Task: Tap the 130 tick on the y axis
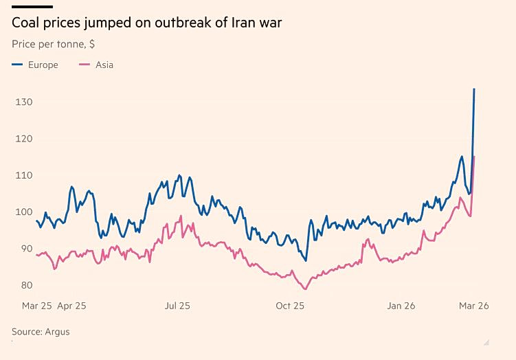pyautogui.click(x=24, y=102)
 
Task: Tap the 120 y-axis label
pyautogui.click(x=24, y=139)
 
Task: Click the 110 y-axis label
pyautogui.click(x=24, y=176)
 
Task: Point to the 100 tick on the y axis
pyautogui.click(x=24, y=212)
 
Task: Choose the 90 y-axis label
pyautogui.click(x=26, y=249)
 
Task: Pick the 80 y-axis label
pyautogui.click(x=26, y=285)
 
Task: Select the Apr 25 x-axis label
pyautogui.click(x=71, y=306)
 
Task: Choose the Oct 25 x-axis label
pyautogui.click(x=290, y=306)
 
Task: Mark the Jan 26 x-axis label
pyautogui.click(x=401, y=306)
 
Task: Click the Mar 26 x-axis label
pyautogui.click(x=474, y=306)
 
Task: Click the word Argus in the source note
pyautogui.click(x=58, y=332)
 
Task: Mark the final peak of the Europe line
pyautogui.click(x=474, y=89)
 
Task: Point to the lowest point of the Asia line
pyautogui.click(x=305, y=289)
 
